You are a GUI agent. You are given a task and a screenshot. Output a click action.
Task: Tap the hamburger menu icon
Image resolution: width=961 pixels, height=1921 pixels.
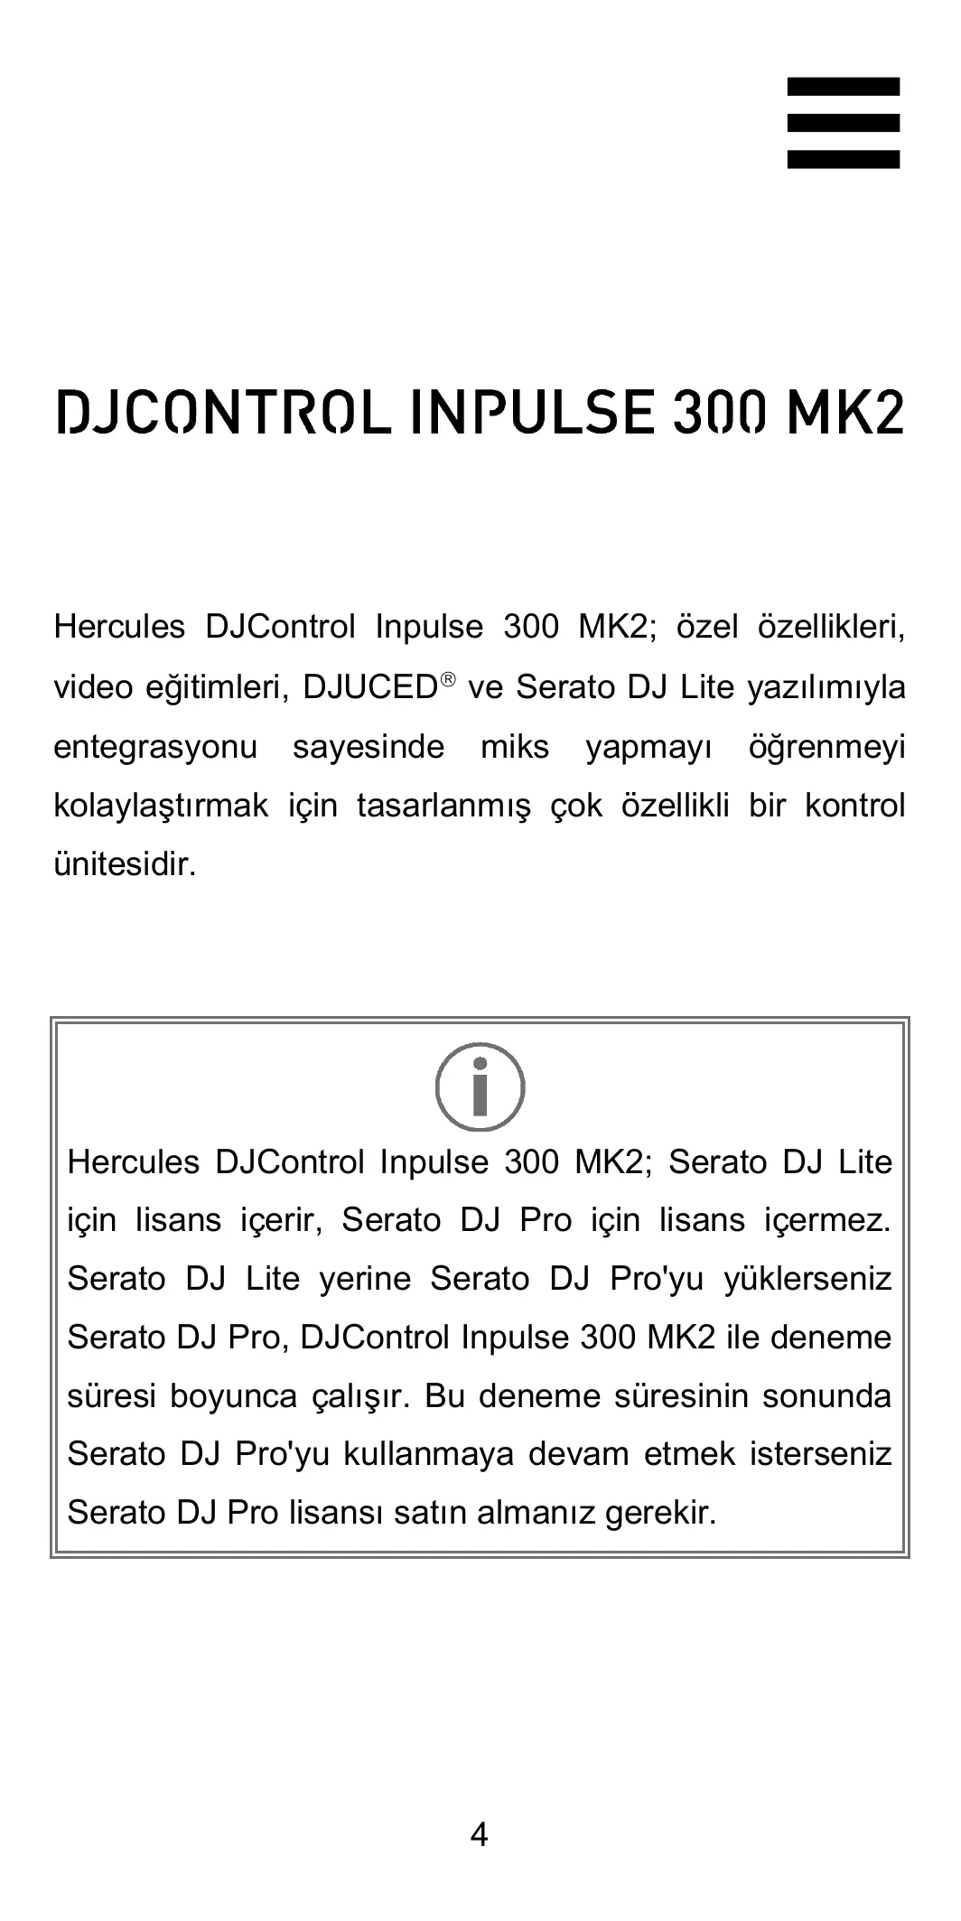(x=843, y=123)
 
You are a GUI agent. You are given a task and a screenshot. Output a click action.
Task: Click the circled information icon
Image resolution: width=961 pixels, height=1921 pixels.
(x=480, y=1086)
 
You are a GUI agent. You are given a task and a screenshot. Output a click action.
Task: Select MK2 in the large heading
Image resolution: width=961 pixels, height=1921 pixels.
(x=844, y=412)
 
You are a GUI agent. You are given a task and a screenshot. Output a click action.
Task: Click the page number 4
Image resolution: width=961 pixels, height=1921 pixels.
(x=480, y=1834)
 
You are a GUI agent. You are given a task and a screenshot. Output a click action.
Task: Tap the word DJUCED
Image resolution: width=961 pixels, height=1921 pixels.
(x=370, y=687)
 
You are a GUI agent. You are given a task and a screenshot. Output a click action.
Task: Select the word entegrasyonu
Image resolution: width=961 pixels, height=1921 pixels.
(x=155, y=748)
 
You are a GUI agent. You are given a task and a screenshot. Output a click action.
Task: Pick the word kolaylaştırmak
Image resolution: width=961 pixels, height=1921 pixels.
(x=161, y=806)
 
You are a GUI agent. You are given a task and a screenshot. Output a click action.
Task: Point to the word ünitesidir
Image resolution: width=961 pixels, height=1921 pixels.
(x=125, y=864)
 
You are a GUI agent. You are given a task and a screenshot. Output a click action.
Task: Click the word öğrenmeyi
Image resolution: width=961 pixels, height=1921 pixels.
(x=826, y=748)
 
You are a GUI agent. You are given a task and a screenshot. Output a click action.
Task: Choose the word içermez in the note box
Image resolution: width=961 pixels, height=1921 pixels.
(x=827, y=1220)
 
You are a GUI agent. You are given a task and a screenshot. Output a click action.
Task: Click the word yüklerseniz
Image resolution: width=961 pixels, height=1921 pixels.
(x=807, y=1279)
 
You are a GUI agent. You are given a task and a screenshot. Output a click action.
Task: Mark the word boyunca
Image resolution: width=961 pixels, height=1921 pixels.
(x=233, y=1396)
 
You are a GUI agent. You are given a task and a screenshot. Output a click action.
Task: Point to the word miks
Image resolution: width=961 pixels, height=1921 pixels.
(x=514, y=748)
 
